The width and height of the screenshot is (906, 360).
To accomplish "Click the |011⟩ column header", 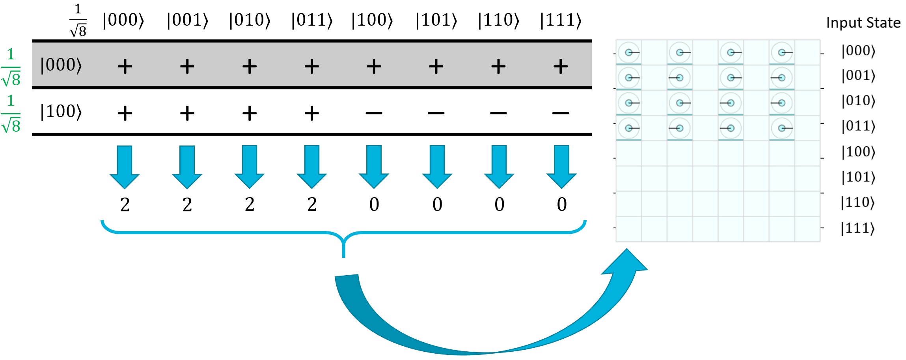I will pos(312,20).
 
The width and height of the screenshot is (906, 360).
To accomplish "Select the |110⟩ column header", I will pos(498,20).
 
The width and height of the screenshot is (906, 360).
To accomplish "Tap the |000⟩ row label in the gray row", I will pos(61,65).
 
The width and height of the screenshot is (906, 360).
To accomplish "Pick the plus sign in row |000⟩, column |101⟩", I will pos(436,66).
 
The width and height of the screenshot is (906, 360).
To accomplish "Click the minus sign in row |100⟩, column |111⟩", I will pos(560,114).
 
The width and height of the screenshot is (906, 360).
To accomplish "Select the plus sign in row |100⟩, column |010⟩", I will pos(250,114).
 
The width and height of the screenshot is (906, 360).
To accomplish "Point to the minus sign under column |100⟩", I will pos(374,114).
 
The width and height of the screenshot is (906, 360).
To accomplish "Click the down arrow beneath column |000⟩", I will pos(125,167).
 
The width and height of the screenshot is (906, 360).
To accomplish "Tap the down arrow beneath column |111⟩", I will pos(561,167).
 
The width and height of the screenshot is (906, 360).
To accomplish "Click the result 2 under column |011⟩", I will pos(312,205).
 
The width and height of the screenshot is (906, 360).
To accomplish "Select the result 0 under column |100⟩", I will pos(374,205).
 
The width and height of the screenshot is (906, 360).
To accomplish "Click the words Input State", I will pos(863,23).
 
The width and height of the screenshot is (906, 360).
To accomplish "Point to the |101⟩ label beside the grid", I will pos(858,177).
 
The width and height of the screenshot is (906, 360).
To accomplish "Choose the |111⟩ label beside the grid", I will pos(858,228).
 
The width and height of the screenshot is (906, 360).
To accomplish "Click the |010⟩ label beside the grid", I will pos(858,101).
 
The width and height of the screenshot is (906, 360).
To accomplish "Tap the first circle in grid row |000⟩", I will pos(629,52).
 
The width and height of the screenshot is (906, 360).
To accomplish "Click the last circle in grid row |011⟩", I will pos(782,128).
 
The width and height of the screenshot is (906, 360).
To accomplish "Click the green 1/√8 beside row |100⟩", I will pos(11,114).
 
